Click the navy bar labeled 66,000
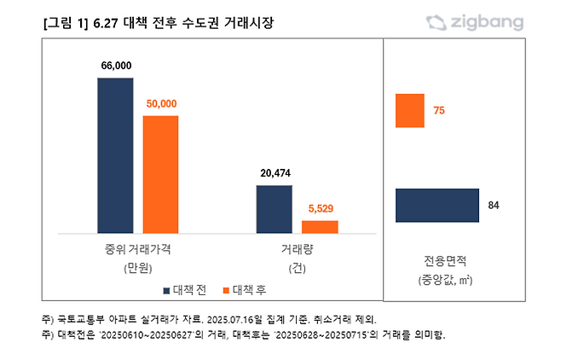[115, 155]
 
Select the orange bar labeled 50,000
[160, 174]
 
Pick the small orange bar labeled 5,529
[320, 227]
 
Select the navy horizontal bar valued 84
[437, 206]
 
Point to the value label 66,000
[115, 66]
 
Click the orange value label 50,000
[160, 103]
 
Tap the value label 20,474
[274, 173]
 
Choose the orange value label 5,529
[320, 208]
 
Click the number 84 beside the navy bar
[493, 206]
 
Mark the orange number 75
[439, 111]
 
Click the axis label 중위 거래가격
[138, 250]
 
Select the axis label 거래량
[296, 250]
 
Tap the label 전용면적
[445, 260]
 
